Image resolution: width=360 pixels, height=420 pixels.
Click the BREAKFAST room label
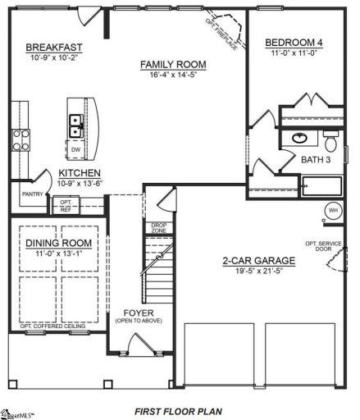(x=51, y=48)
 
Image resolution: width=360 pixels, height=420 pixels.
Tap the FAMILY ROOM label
(x=172, y=65)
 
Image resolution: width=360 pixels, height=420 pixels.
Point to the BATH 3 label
(x=315, y=159)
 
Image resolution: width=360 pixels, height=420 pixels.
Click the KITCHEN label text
(x=80, y=173)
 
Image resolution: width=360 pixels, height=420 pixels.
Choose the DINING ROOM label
(x=58, y=244)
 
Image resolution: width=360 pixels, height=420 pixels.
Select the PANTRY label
(x=31, y=194)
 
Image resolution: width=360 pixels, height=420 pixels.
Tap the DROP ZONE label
(x=160, y=227)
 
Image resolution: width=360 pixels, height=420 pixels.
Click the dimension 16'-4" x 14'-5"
(x=172, y=75)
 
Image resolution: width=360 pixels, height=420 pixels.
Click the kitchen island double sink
(x=75, y=126)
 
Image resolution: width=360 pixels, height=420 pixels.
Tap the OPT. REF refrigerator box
(x=66, y=203)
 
